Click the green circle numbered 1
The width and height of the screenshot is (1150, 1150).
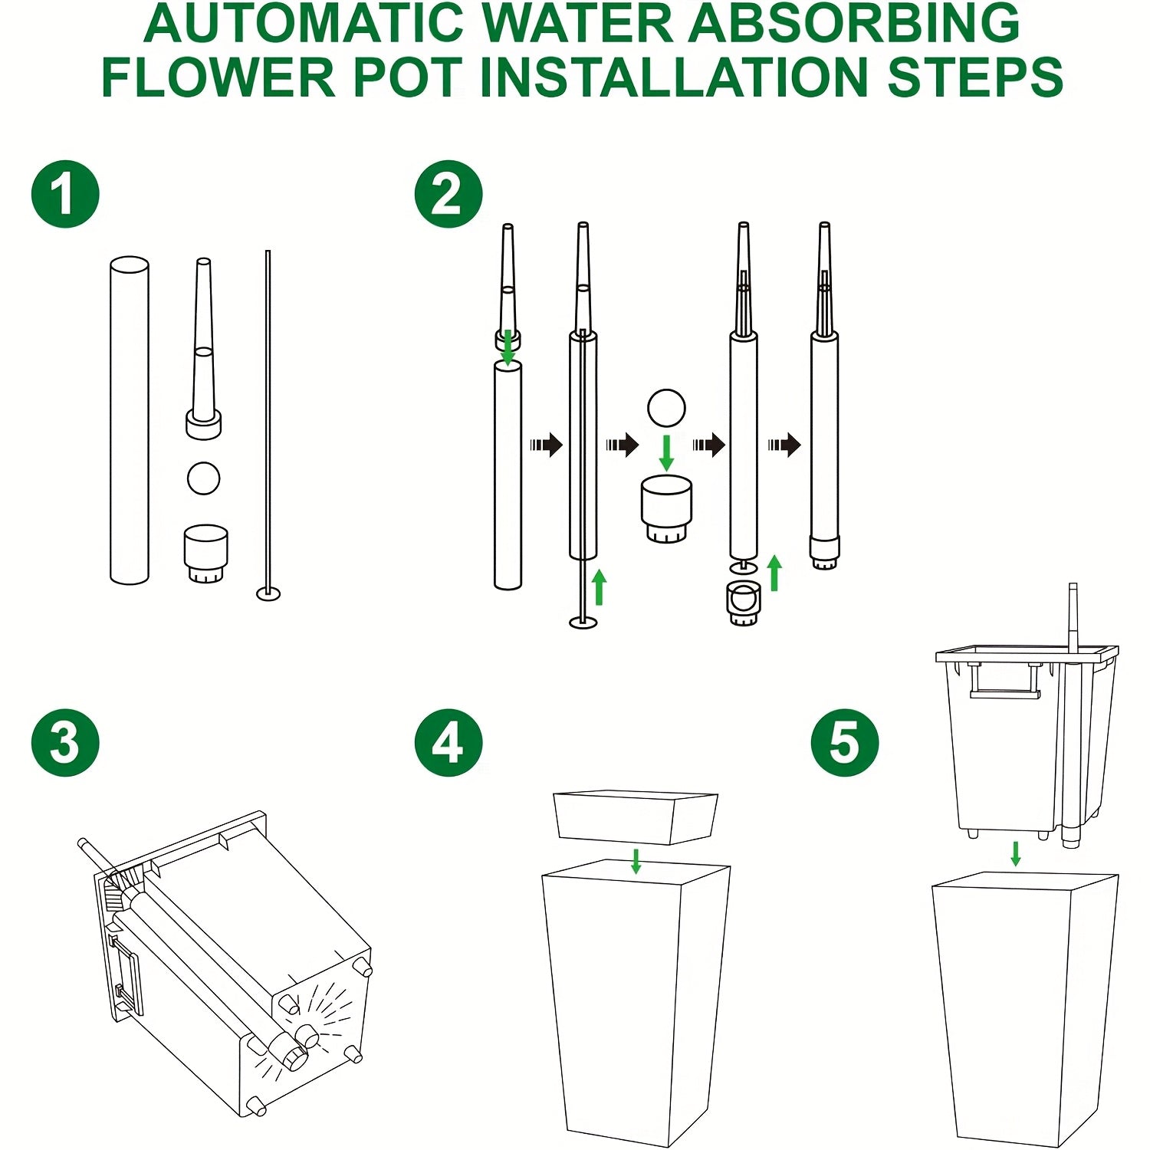coord(65,194)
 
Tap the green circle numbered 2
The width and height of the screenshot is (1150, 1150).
coord(449,194)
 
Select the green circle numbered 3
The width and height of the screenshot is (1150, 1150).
coord(65,743)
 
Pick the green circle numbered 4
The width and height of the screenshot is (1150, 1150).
coord(449,743)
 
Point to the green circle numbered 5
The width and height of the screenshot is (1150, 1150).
coord(845,743)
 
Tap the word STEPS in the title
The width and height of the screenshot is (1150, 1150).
coord(975,77)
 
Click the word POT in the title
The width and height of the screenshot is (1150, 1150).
coord(408,77)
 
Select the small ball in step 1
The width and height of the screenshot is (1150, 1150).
coord(204,478)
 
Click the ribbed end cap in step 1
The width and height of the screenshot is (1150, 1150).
coord(206,554)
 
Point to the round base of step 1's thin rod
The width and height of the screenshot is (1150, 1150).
coord(268,593)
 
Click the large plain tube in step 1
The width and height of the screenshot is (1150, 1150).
coord(130,420)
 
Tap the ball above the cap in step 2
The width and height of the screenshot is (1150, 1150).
coord(666,408)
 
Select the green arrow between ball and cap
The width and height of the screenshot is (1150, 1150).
coord(667,453)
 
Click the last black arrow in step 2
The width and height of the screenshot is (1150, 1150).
coord(784,444)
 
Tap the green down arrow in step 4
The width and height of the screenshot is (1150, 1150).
coord(636,861)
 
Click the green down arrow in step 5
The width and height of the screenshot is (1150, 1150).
coord(1016,854)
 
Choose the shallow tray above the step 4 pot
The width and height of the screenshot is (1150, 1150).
coord(636,817)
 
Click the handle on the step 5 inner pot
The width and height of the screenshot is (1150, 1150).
coord(1004,682)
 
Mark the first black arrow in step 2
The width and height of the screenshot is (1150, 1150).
coord(547,444)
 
